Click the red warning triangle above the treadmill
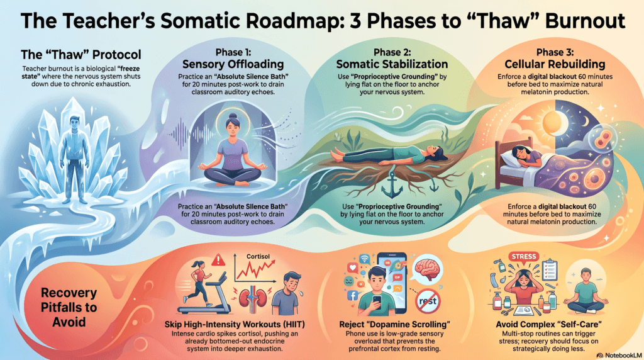click(218, 260)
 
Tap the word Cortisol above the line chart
click(258, 256)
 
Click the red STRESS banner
click(524, 256)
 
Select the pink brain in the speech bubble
click(427, 268)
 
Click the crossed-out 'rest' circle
click(428, 301)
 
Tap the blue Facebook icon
click(352, 295)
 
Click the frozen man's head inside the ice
click(75, 122)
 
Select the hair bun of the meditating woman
click(233, 116)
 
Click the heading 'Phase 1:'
click(233, 52)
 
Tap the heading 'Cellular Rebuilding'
click(555, 64)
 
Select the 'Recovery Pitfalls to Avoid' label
click(69, 307)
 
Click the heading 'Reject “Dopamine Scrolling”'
click(395, 324)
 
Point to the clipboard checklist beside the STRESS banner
click(550, 269)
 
